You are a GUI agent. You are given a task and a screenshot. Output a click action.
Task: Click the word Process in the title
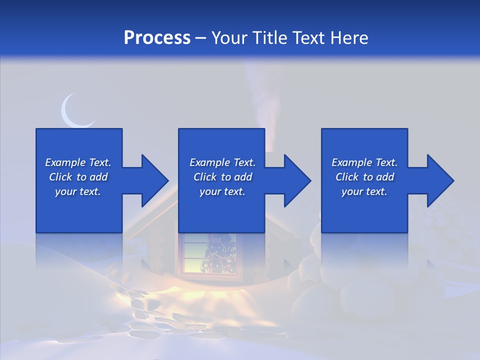157,38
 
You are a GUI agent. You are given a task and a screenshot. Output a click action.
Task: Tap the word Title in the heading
270,38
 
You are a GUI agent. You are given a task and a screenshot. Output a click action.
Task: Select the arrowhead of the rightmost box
439,180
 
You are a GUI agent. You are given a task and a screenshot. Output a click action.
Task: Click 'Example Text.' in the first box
78,162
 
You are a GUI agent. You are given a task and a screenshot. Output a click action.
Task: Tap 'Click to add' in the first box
78,177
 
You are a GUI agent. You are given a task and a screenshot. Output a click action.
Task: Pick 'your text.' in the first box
78,191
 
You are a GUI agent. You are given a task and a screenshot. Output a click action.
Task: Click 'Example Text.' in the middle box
222,162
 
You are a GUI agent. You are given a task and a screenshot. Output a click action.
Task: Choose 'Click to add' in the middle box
222,177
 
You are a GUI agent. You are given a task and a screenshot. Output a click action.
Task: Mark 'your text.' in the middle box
222,191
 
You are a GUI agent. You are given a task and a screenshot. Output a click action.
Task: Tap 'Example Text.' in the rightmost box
364,162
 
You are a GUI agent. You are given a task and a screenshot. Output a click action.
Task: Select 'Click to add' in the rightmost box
364,177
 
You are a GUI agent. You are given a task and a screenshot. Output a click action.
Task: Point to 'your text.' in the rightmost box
364,191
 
